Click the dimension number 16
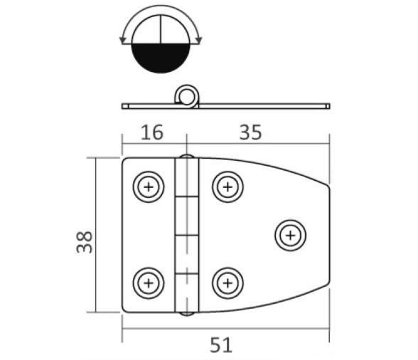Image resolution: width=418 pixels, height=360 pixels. click(151, 132)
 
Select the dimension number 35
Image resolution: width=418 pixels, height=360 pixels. click(250, 132)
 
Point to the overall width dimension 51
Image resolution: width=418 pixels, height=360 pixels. click(221, 345)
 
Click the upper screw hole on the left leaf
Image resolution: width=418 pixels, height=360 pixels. click(149, 188)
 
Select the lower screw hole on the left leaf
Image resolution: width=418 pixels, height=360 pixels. click(149, 282)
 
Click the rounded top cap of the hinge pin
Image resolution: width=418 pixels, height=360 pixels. click(186, 157)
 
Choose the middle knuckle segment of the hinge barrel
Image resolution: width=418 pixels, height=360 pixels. click(186, 234)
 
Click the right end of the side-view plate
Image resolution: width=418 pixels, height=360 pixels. click(328, 106)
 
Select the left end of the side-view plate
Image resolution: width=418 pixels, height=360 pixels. click(125, 106)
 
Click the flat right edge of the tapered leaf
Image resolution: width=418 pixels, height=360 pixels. click(329, 235)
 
